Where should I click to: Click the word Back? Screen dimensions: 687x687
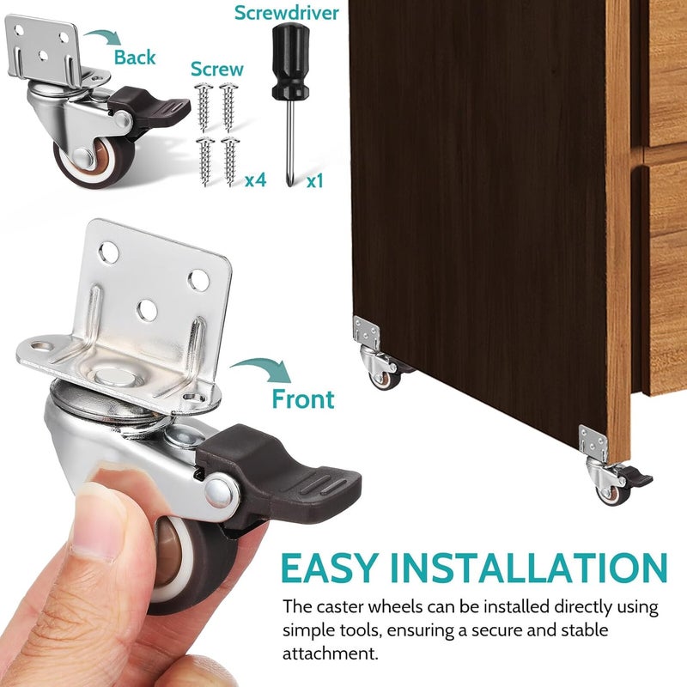tap(136, 57)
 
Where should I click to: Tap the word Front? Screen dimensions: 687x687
tap(303, 398)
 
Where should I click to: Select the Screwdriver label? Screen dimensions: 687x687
tap(288, 13)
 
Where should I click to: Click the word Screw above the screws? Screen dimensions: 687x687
tap(216, 68)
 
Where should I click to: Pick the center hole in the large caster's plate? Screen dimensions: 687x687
tap(148, 306)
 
